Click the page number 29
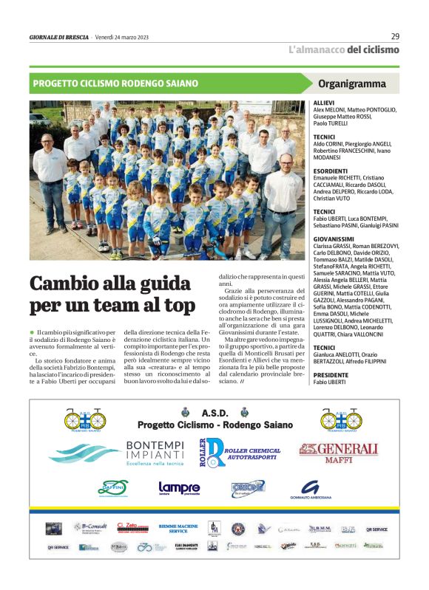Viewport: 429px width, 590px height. coord(395,36)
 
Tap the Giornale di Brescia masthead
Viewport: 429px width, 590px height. coord(58,37)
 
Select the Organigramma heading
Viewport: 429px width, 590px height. coord(352,83)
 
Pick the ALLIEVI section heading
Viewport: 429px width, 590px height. coord(324,103)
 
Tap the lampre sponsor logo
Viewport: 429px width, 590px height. coord(179,488)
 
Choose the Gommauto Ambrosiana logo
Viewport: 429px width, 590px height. coord(311,489)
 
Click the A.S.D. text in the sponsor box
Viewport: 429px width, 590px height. coord(214,412)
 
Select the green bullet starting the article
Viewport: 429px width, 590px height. coord(33,334)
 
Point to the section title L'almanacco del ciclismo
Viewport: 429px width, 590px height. coord(343,50)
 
